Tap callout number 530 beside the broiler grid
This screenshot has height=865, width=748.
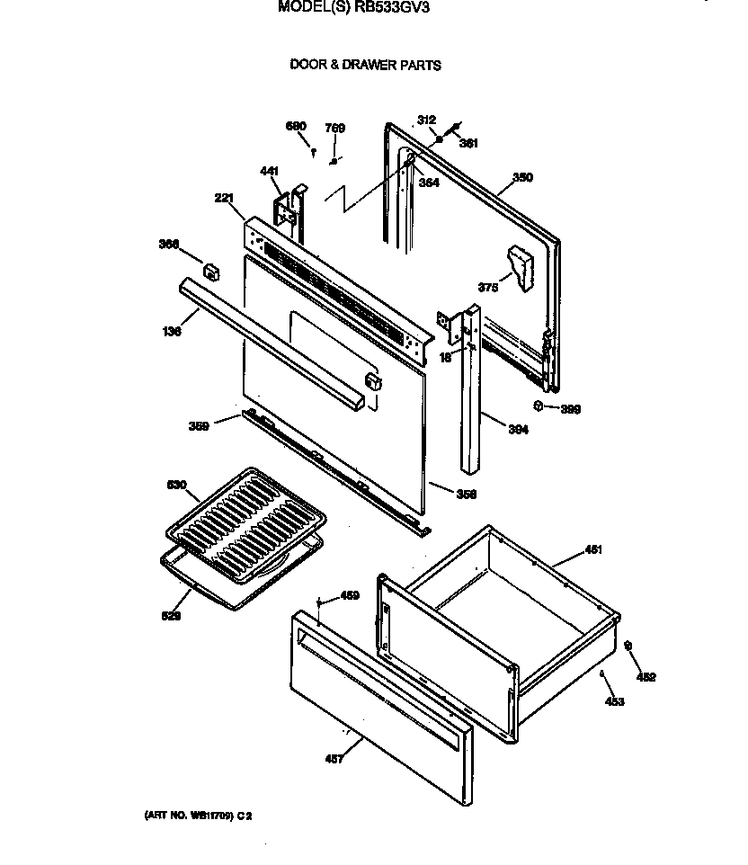pyautogui.click(x=176, y=486)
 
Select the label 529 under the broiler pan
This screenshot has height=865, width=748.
pyautogui.click(x=171, y=616)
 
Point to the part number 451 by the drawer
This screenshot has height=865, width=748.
pyautogui.click(x=593, y=549)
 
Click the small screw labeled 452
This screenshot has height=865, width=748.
pyautogui.click(x=628, y=645)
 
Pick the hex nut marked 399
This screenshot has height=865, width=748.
pyautogui.click(x=539, y=406)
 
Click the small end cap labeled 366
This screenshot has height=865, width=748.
pyautogui.click(x=210, y=269)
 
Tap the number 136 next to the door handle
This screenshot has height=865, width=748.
pyautogui.click(x=173, y=332)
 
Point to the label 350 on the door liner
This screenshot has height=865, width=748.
pyautogui.click(x=522, y=178)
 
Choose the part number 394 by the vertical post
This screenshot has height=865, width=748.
pyautogui.click(x=518, y=431)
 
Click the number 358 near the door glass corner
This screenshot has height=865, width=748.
pyautogui.click(x=466, y=494)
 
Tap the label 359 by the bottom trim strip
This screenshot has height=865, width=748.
pyautogui.click(x=199, y=426)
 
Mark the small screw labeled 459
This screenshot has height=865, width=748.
pyautogui.click(x=319, y=603)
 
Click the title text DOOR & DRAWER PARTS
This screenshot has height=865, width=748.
pyautogui.click(x=365, y=66)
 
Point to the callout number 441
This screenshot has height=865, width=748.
pyautogui.click(x=269, y=171)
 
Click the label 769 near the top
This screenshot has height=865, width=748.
pyautogui.click(x=334, y=129)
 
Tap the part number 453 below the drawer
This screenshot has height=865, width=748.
pyautogui.click(x=615, y=702)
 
